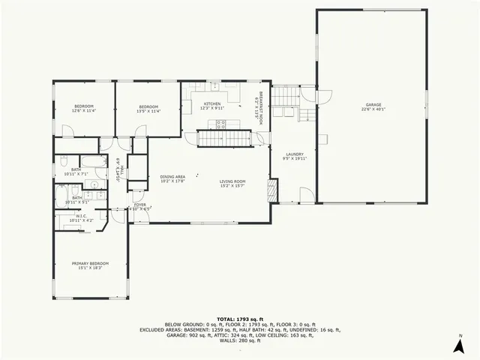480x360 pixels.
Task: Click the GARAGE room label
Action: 373,105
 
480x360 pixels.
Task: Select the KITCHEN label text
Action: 212,104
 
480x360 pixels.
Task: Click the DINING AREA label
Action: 172,176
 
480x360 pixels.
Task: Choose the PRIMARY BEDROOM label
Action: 90,263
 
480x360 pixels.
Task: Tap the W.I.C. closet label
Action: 81,217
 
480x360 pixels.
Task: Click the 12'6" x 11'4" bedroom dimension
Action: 84,111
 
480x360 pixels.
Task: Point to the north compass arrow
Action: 457,345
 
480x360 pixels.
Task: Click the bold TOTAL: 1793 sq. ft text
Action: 240,319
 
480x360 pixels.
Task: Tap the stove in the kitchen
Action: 220,125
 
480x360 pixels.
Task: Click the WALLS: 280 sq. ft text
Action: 240,340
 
